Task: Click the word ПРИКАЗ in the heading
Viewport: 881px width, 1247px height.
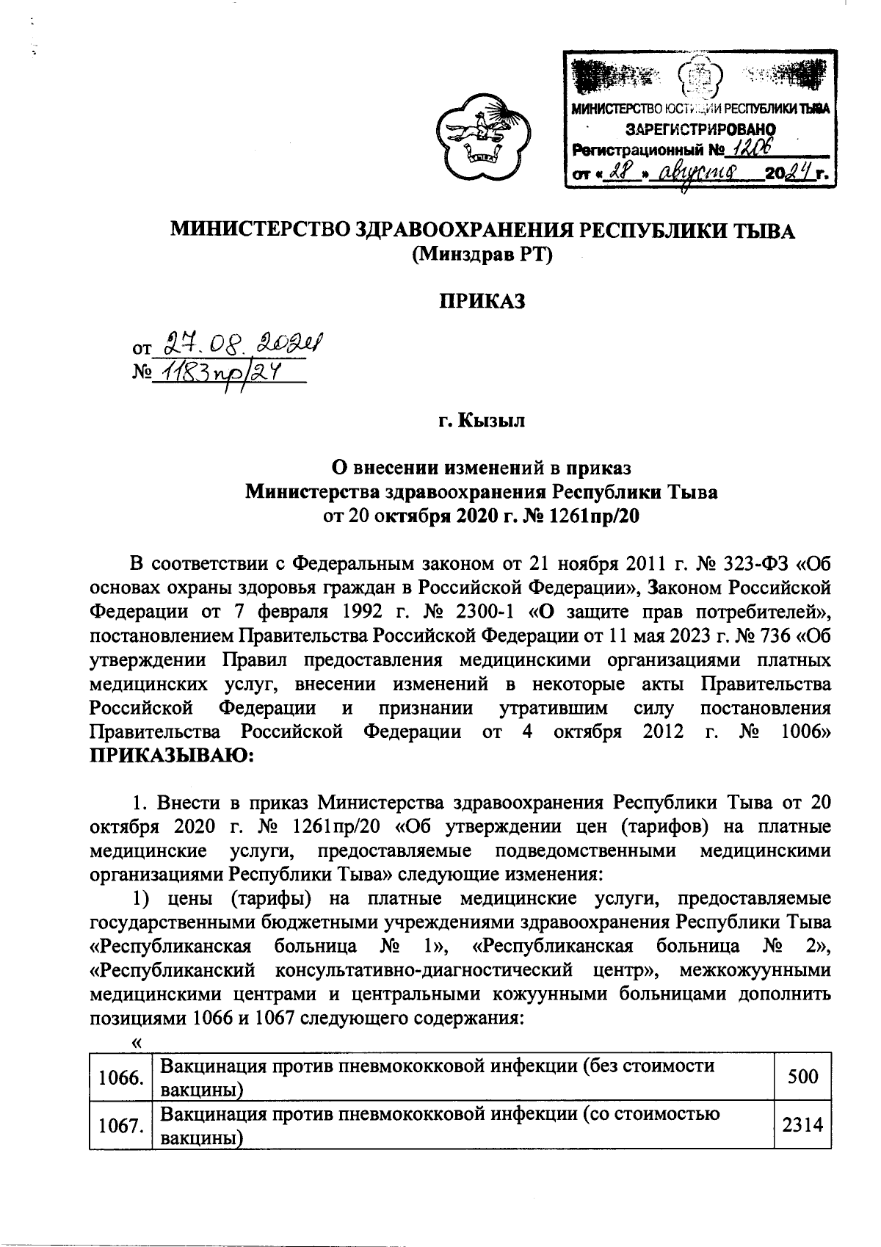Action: pos(482,301)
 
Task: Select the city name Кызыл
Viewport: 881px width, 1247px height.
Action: pos(502,421)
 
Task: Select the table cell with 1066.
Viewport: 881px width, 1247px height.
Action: pos(119,1078)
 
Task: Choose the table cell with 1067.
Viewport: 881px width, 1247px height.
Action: pos(119,1126)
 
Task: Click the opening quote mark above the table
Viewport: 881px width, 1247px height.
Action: pos(135,1043)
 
